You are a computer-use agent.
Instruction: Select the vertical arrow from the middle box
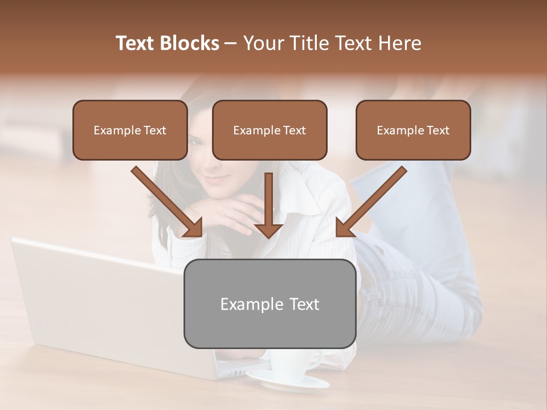pyautogui.click(x=268, y=205)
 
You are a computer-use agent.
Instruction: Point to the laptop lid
pyautogui.click(x=97, y=296)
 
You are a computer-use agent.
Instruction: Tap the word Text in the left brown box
pyautogui.click(x=155, y=130)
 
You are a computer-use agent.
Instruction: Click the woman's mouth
pyautogui.click(x=215, y=179)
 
